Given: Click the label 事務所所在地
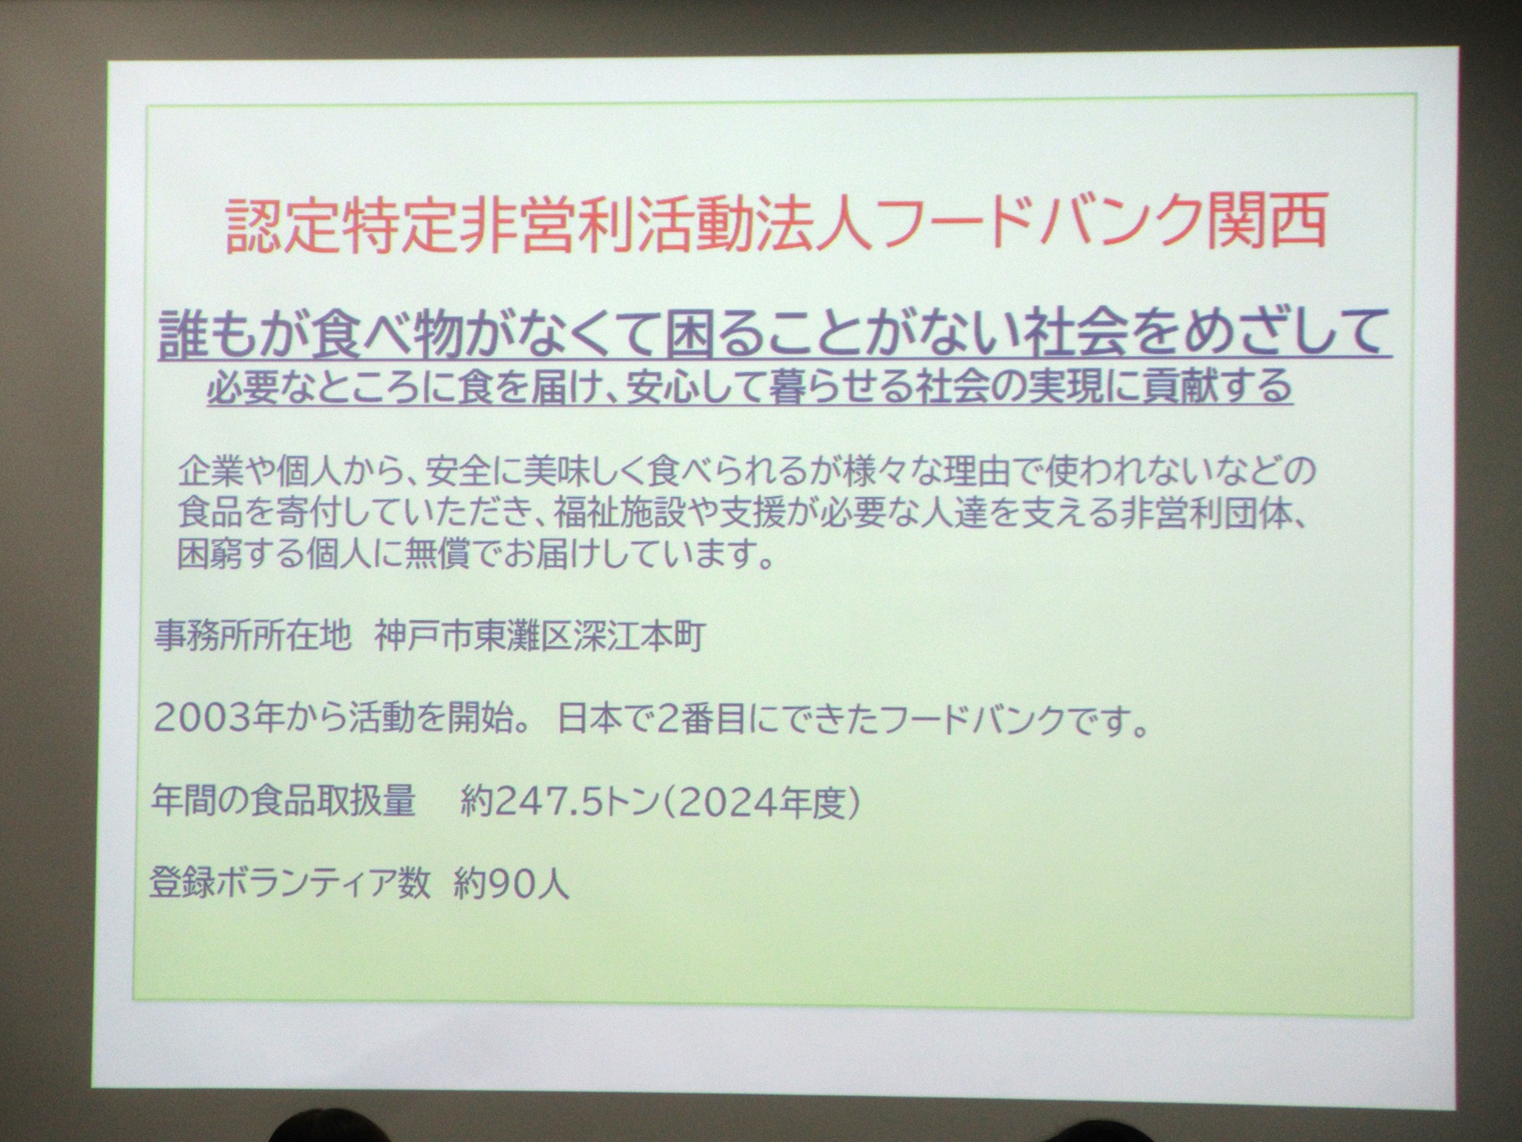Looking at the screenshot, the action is tap(252, 637).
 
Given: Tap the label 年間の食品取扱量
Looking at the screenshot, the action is tap(285, 802).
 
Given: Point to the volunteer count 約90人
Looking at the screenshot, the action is tap(511, 884).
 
